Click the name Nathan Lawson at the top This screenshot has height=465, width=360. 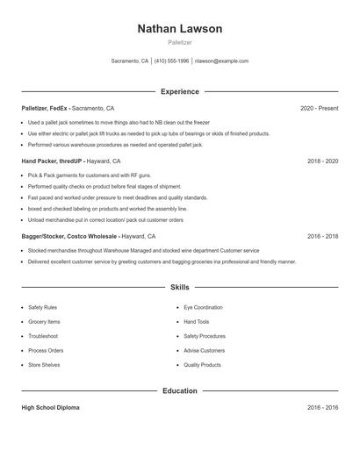(x=179, y=29)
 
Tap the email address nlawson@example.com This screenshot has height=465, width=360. (x=221, y=61)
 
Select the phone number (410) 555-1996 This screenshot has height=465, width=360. (x=172, y=61)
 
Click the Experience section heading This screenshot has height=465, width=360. (x=179, y=91)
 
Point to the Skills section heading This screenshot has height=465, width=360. (x=179, y=287)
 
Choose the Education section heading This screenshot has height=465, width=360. (x=179, y=390)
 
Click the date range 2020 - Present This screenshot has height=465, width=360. (x=319, y=108)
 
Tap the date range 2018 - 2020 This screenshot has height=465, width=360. (x=322, y=161)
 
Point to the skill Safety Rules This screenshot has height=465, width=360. (x=42, y=308)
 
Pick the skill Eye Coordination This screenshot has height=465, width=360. (x=203, y=308)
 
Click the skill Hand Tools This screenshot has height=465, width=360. (x=197, y=322)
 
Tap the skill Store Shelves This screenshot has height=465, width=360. (x=44, y=364)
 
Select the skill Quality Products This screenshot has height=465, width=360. (x=202, y=364)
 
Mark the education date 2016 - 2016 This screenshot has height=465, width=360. (x=322, y=408)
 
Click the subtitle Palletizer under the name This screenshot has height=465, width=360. (x=179, y=43)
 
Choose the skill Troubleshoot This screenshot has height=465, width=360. (x=43, y=336)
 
